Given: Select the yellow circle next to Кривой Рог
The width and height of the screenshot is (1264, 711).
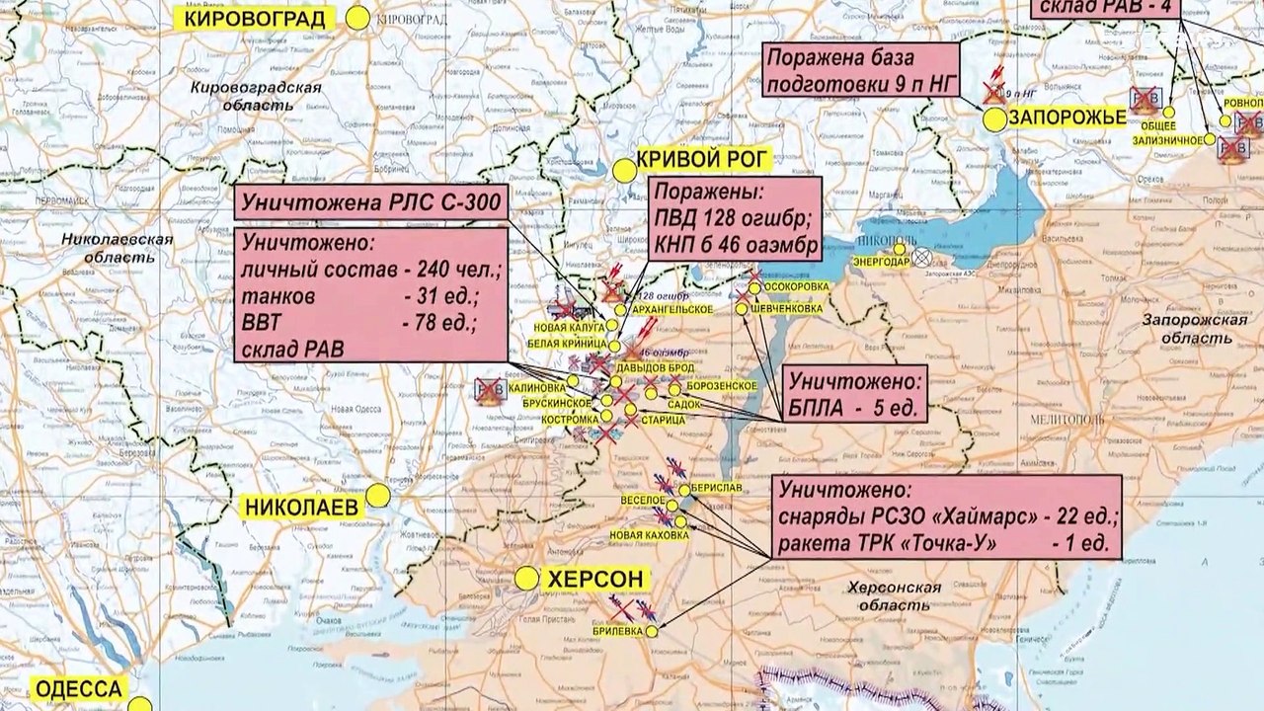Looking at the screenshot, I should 623,171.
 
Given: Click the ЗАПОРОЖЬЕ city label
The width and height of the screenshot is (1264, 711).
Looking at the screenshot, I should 1068,118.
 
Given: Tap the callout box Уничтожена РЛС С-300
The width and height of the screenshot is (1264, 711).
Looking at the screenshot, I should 371,204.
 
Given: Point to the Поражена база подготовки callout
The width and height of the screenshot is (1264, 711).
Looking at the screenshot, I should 860,69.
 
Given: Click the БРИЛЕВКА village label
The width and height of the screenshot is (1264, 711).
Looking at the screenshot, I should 617,630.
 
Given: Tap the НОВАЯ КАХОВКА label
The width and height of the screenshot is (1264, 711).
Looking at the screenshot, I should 649,535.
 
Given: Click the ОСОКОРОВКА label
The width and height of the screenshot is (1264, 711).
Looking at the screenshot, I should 795,286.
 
